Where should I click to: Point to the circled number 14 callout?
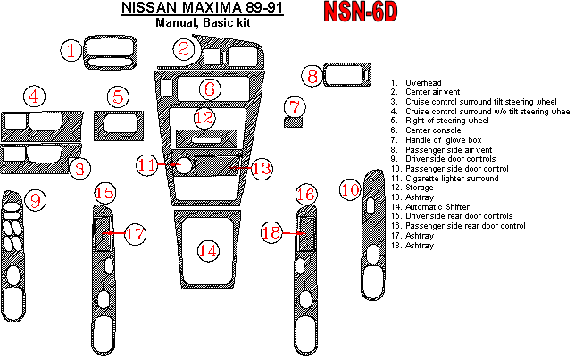point(207,251)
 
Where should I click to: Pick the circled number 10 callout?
point(350,188)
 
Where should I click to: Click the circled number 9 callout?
point(35,201)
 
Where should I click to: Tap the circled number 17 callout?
point(134,234)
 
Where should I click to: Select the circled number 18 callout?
point(272,232)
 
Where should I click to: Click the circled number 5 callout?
point(118,96)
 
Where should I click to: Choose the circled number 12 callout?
point(204,117)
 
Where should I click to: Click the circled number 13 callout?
point(260,167)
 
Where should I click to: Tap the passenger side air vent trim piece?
point(346,77)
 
